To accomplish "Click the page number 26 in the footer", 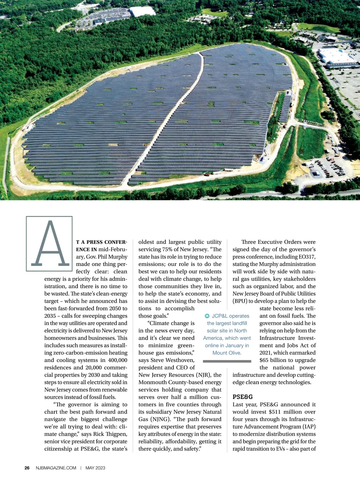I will pos(27,468).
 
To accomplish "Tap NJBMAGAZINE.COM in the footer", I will pos(56,468).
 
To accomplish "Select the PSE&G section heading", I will pos(243,397).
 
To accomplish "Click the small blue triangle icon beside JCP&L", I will pos(207,316).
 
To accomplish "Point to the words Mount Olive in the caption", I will pos(227,353).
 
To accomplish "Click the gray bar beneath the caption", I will pos(227,361).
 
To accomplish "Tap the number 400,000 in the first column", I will pos(116,360).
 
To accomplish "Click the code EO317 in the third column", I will pos(307,257).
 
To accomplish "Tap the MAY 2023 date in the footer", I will pos(95,468).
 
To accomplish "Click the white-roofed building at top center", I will pos(142,11).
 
